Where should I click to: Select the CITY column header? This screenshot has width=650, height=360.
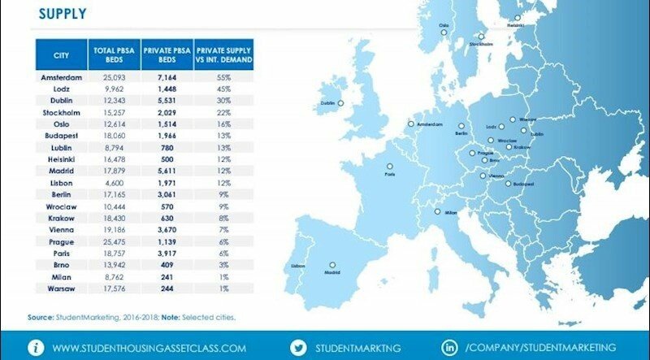coord(61,55)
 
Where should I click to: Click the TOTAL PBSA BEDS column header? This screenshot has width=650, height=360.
coord(113,55)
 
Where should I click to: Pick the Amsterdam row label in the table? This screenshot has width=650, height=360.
coord(62,76)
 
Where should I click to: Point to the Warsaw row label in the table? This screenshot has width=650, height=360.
coord(62,288)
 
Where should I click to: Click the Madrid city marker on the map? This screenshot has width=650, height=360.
coord(331,264)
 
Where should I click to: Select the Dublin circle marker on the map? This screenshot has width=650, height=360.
coord(341,103)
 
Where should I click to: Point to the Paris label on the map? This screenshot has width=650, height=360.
coord(390,174)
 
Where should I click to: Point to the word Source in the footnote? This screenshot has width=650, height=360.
coord(40,317)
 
